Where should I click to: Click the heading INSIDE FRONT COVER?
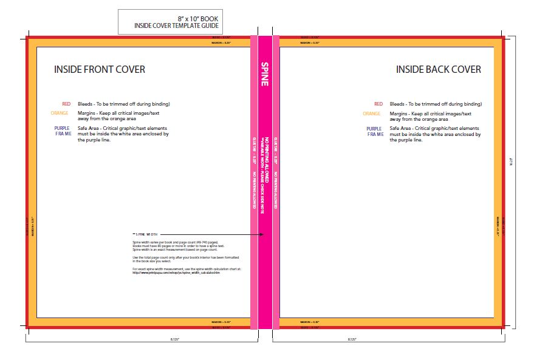pos(100,70)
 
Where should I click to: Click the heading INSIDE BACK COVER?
pos(439,70)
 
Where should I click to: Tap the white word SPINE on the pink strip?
pos(265,73)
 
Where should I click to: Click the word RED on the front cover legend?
pos(67,104)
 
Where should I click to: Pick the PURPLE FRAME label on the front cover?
pos(63,131)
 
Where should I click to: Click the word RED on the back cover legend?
pos(378,104)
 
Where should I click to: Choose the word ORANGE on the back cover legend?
pos(372,114)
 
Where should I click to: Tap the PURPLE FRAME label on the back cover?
pos(374,131)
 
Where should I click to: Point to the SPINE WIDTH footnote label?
pos(145,234)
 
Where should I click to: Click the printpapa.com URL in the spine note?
pos(176,273)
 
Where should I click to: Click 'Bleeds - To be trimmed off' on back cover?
pos(436,104)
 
